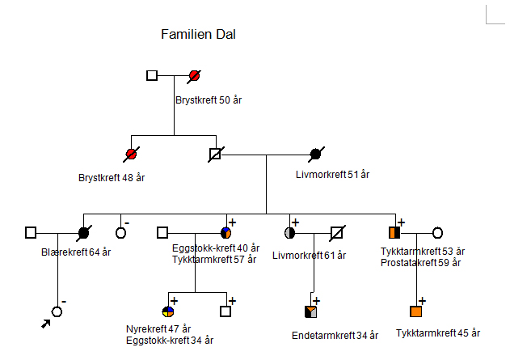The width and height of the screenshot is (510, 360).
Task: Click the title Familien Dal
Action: click(x=198, y=34)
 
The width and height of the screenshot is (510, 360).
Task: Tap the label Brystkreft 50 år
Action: click(x=209, y=100)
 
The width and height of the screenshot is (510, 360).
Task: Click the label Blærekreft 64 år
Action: click(x=76, y=252)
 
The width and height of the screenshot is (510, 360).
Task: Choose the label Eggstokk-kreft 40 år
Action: click(x=216, y=248)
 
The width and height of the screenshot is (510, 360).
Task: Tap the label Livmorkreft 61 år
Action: click(x=309, y=256)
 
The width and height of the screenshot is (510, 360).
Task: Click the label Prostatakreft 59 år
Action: click(x=420, y=262)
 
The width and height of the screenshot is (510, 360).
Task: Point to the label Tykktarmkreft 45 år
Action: click(x=438, y=332)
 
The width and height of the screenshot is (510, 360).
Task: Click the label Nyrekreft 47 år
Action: click(x=158, y=329)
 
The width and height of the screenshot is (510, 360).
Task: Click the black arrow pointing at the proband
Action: click(x=45, y=324)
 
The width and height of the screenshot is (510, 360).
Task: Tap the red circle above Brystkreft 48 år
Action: click(x=131, y=153)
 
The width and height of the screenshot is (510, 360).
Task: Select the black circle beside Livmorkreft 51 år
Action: click(x=316, y=153)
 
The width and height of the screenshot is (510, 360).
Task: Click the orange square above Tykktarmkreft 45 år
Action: click(x=416, y=311)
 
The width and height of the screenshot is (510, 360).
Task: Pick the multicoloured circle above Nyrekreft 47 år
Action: click(x=167, y=311)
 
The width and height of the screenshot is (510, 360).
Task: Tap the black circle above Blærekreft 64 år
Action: click(x=83, y=233)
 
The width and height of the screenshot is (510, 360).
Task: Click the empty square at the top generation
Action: click(x=152, y=76)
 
